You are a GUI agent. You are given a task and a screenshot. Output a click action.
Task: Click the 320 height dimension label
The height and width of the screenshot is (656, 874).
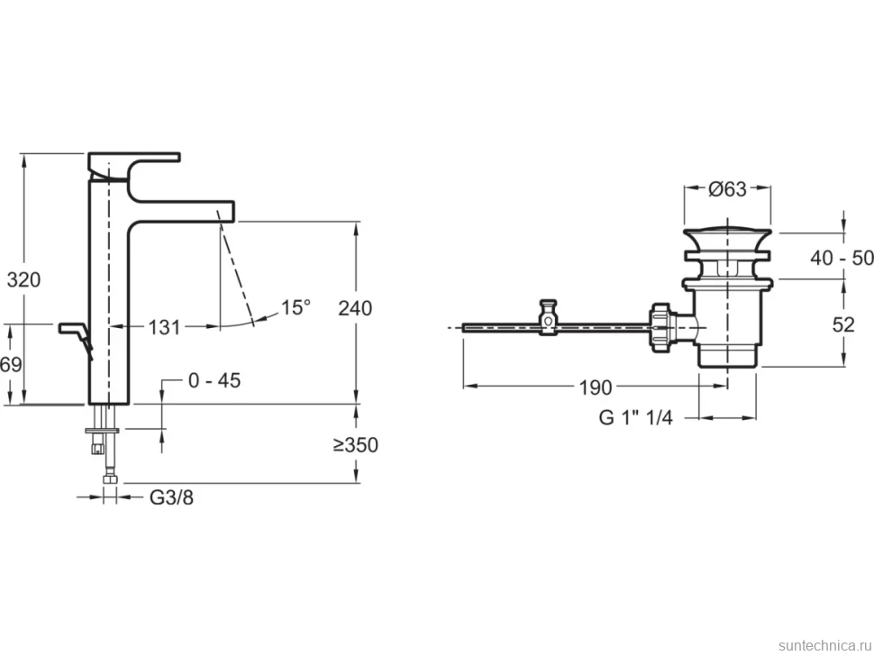[24, 279]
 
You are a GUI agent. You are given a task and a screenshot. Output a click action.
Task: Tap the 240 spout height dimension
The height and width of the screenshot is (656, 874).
[355, 307]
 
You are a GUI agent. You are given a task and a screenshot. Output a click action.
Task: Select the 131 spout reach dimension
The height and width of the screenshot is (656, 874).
[164, 327]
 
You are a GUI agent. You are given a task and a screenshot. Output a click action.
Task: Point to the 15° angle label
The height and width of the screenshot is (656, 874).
[295, 307]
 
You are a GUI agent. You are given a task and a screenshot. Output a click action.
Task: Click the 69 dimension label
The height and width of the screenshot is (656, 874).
[11, 365]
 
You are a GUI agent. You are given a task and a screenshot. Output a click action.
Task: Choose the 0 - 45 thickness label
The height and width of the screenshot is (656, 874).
[214, 380]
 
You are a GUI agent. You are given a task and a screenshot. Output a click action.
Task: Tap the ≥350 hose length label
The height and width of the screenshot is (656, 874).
[356, 445]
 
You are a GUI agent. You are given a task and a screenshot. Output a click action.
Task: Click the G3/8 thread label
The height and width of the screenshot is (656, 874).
[172, 497]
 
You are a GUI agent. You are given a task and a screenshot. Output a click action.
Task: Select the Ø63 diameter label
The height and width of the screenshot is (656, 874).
[727, 189]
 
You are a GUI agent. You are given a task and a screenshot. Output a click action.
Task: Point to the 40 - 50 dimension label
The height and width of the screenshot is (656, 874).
[842, 258]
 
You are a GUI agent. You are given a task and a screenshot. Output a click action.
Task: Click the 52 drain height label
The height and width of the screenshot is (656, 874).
[843, 324]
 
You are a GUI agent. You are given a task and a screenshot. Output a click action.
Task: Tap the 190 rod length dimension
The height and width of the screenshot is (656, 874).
[596, 387]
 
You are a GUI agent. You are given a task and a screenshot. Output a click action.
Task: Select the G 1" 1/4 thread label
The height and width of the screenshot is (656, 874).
[636, 417]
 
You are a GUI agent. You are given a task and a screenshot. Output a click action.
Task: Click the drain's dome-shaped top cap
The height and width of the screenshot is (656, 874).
[727, 236]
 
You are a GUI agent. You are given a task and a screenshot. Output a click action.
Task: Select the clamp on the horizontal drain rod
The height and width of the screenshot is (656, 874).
[549, 318]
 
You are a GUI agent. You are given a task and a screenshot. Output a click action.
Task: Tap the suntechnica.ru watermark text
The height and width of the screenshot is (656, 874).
[824, 645]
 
